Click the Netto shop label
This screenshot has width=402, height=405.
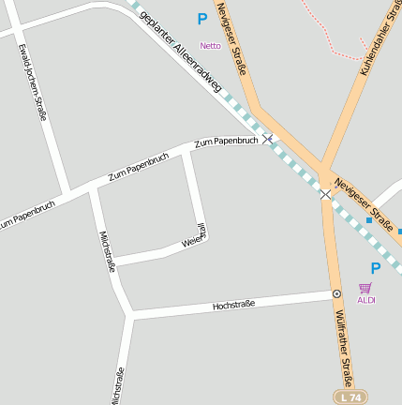[x=210, y=45]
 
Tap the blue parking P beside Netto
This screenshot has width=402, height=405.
[x=201, y=19]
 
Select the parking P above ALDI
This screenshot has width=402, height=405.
[x=376, y=269]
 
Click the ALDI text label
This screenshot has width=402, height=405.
[x=365, y=300]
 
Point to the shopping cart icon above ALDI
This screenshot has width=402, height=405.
[x=365, y=288]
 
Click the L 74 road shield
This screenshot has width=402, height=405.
[x=347, y=397]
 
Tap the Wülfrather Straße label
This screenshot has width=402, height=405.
[x=343, y=348]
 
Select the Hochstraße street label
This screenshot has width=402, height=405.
[x=233, y=306]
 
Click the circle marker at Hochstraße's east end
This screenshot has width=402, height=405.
[x=336, y=293]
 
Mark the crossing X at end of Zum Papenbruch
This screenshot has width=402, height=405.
[x=268, y=139]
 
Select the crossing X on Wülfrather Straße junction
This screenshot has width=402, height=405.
[x=325, y=194]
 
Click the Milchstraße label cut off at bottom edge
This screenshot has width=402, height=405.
[x=118, y=387]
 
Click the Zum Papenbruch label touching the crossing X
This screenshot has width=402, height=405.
[x=226, y=142]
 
